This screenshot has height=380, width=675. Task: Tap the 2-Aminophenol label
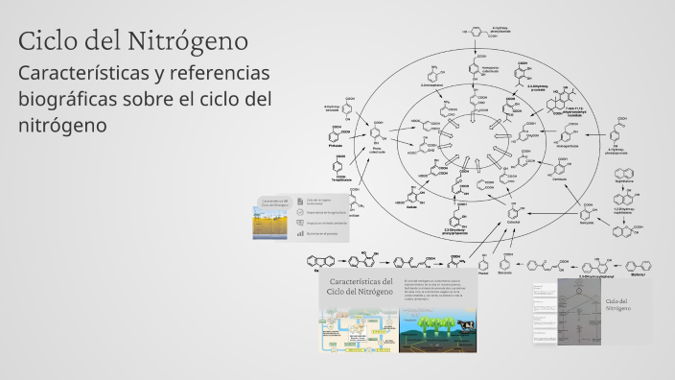[x=432, y=85]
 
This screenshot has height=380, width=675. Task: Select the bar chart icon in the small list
[x=300, y=232]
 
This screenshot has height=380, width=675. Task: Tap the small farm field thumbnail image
[x=272, y=223]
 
